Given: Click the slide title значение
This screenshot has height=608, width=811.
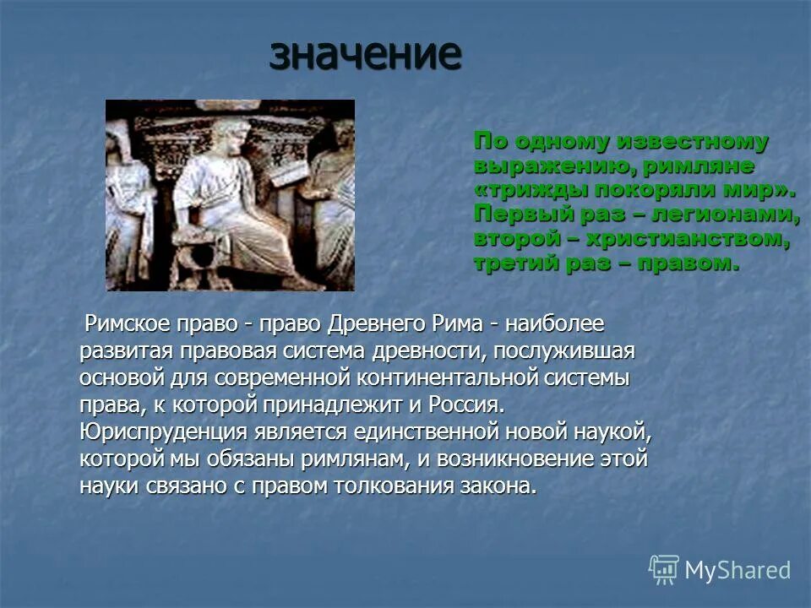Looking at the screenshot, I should tap(366, 54).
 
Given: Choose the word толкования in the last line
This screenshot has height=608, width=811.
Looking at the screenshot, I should tap(395, 486).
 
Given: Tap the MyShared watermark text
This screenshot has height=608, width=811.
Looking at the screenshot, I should tap(738, 570).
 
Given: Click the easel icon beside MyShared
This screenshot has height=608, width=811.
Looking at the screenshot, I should tap(664, 570).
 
